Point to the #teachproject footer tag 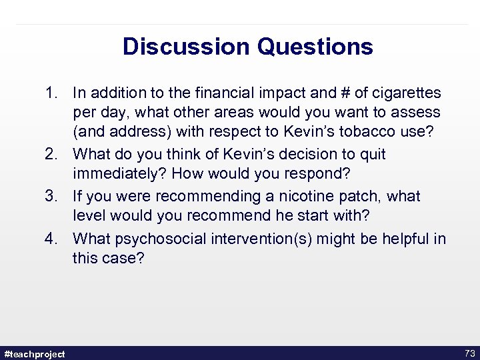[x=34, y=354]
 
